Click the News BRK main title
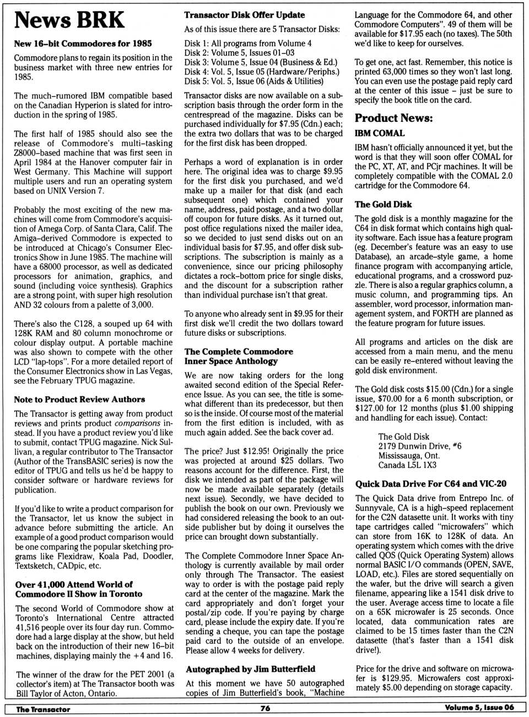[69, 20]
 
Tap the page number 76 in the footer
[265, 708]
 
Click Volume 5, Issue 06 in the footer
[479, 708]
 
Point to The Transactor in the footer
[43, 709]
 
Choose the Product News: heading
[393, 118]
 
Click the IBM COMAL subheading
[380, 133]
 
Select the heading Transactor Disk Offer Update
[245, 15]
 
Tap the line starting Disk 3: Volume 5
[261, 62]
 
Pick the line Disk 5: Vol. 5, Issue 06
[254, 81]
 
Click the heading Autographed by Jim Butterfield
[251, 669]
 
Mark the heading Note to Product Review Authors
[80, 400]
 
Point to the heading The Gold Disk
[383, 204]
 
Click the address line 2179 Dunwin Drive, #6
[420, 446]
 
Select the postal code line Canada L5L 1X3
[407, 465]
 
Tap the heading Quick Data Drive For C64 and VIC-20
[431, 484]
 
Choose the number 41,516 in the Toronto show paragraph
[32, 627]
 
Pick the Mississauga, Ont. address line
[409, 455]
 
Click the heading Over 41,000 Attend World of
[74, 584]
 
